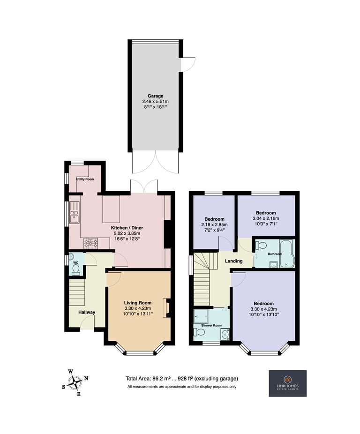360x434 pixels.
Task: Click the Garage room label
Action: [x=155, y=96]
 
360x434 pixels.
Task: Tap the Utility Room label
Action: [x=85, y=179]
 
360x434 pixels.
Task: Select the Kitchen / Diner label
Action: [x=127, y=228]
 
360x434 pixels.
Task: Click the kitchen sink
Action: [x=75, y=213]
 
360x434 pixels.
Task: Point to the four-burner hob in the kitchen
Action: [x=91, y=243]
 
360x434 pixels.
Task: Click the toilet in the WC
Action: [x=75, y=269]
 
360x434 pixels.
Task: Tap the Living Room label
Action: [x=138, y=303]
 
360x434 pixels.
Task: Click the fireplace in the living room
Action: [x=167, y=308]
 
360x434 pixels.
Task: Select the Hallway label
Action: [x=87, y=312]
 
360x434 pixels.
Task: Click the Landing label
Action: [x=233, y=261]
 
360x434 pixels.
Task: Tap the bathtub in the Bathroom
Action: [x=287, y=254]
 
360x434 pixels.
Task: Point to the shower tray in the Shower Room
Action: [x=201, y=316]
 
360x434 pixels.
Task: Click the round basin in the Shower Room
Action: [x=225, y=335]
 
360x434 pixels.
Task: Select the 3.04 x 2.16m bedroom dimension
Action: [x=266, y=218]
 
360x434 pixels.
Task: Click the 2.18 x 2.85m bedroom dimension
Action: [x=214, y=224]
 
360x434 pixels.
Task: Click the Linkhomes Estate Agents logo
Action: [x=287, y=383]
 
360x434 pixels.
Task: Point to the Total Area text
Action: [x=182, y=378]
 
